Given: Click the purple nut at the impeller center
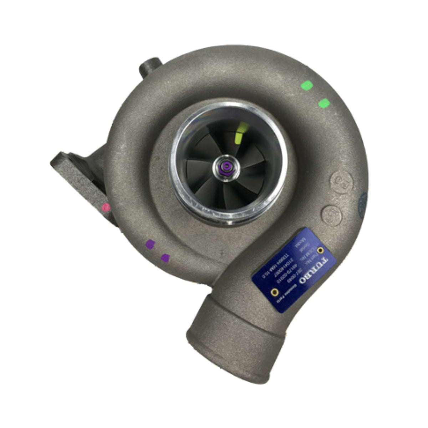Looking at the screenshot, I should coord(227,166).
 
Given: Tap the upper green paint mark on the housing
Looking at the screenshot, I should coord(307,86).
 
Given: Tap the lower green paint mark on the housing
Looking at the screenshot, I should coord(324,103).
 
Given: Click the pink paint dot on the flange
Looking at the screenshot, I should coord(106,207).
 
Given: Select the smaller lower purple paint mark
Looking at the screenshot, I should coord(165,258).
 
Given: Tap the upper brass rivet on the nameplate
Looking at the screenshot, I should coord(320,250).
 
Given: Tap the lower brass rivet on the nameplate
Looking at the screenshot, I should coord(274,292).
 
